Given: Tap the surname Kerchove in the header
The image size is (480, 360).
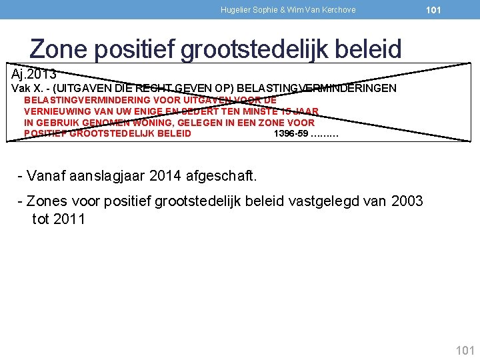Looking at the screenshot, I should tap(339, 10).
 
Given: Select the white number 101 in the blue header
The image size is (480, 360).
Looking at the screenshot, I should tap(433, 10).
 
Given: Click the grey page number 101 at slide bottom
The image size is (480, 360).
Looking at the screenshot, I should tap(464, 350).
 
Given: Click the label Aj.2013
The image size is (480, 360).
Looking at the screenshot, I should tap(34, 73).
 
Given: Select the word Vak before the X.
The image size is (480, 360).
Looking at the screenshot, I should tap(20, 88).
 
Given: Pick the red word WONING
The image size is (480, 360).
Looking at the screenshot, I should tap(154, 123).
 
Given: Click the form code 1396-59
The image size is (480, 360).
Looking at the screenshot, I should tap(291, 133).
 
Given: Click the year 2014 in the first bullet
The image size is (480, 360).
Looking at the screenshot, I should tap(167, 176).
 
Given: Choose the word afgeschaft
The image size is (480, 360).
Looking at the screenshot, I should tap(221, 176).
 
